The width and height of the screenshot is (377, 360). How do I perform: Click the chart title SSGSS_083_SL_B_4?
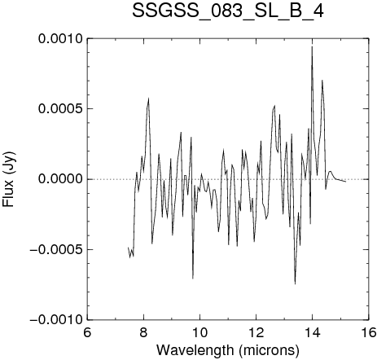228,11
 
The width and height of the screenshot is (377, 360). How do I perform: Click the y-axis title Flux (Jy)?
9,179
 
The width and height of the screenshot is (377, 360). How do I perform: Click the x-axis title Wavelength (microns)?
228,350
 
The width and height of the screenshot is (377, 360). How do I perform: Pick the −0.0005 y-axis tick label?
56,249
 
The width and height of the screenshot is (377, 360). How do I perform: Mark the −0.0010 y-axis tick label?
56,320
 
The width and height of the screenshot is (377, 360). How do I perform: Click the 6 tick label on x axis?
87,332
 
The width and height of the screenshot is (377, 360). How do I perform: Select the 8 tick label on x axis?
143,332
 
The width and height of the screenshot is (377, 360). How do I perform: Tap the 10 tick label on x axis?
199,332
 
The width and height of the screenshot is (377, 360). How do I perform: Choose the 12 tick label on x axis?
256,332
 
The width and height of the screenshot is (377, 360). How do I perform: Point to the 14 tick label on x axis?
313,332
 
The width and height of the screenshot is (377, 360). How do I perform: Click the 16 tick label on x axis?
369,332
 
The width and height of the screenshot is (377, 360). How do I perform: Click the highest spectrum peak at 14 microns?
312,46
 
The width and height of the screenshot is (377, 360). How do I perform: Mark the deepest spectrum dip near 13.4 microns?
295,283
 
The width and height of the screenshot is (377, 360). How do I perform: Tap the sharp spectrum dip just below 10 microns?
193,279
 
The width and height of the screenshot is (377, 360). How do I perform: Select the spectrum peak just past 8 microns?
148,99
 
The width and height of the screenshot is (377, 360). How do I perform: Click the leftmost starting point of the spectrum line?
128,248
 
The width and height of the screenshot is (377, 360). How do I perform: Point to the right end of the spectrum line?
346,182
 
